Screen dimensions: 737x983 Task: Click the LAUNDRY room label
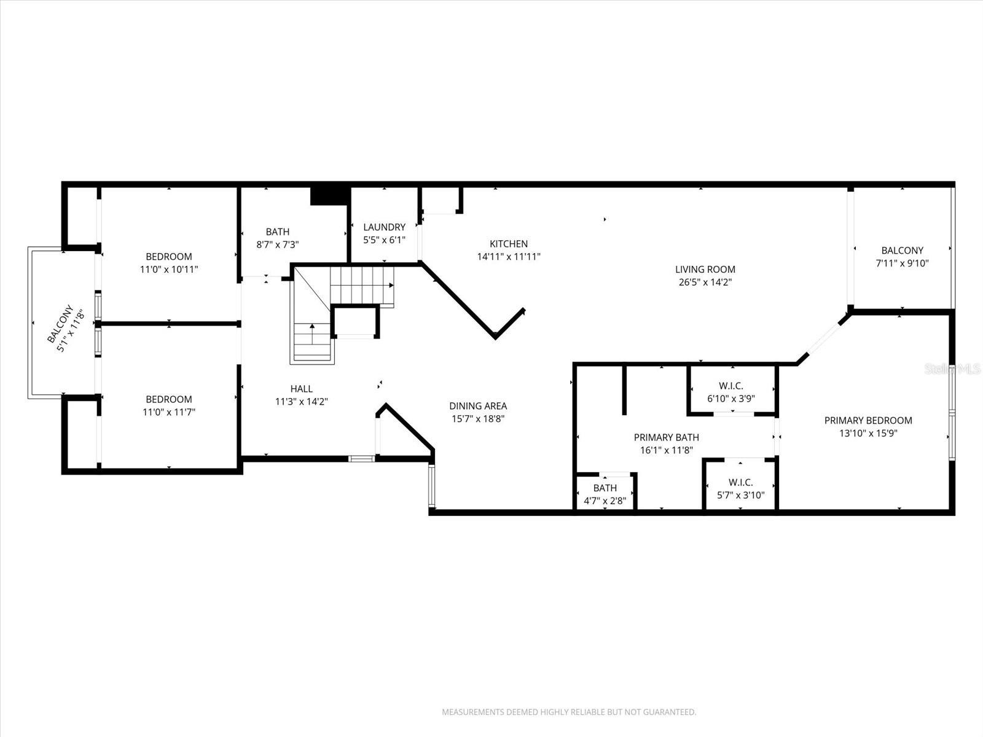384,227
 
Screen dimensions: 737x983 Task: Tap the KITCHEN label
509,244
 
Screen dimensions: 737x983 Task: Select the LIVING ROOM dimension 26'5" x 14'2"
705,283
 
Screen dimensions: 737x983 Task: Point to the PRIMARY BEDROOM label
867,420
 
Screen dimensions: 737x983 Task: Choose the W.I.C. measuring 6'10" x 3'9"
730,392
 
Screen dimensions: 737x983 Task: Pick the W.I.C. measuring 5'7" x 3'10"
740,489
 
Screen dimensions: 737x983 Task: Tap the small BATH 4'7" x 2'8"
605,494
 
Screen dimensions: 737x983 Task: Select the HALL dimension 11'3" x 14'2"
301,402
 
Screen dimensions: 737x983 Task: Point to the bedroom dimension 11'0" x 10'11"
169,269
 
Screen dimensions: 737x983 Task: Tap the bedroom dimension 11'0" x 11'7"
169,412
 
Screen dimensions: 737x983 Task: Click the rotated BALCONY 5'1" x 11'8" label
65,329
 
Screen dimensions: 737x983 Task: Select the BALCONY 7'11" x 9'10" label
902,257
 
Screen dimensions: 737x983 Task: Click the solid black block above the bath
330,195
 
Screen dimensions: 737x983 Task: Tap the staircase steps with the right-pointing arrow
362,285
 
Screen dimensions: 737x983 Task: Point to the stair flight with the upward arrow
313,341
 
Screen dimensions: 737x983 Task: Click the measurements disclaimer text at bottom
569,712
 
